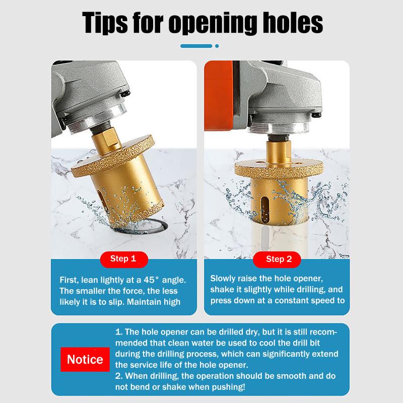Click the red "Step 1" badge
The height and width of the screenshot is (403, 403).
coord(123,259)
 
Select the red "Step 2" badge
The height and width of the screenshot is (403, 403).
coord(279,259)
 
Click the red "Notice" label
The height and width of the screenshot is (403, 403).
coord(85,359)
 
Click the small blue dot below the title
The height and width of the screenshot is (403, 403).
coord(217,46)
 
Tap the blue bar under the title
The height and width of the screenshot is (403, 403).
coord(196,46)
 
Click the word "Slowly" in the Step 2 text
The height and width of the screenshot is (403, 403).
coord(222,278)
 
